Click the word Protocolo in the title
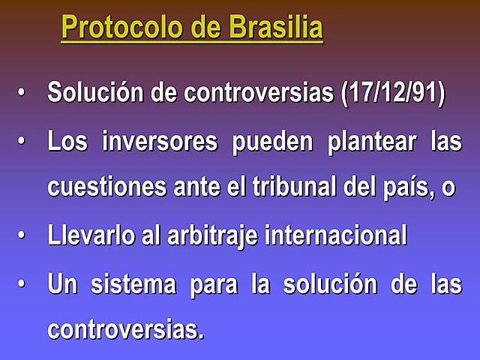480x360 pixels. pos(120,28)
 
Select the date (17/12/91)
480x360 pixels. pos(393,94)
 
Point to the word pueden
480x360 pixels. pos(275,142)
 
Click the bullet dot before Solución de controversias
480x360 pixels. pos(22,93)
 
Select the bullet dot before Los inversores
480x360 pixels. pos(22,140)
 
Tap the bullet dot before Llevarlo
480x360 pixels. pos(22,235)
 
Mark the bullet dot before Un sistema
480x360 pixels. pos(22,283)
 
